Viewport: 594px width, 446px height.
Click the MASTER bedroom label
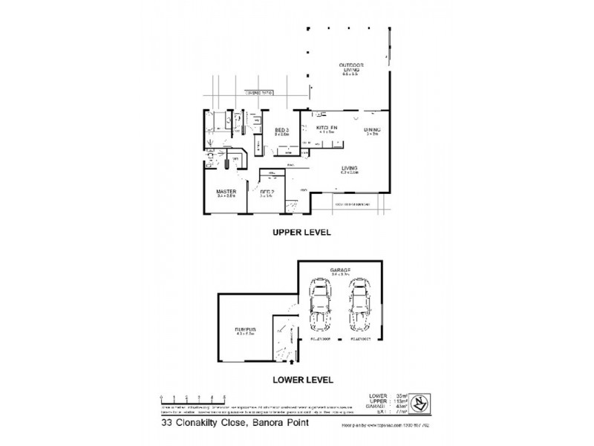click(226, 191)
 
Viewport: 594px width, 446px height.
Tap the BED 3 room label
click(281, 130)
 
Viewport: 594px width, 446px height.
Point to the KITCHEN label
click(327, 129)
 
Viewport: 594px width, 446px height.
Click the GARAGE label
click(341, 269)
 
